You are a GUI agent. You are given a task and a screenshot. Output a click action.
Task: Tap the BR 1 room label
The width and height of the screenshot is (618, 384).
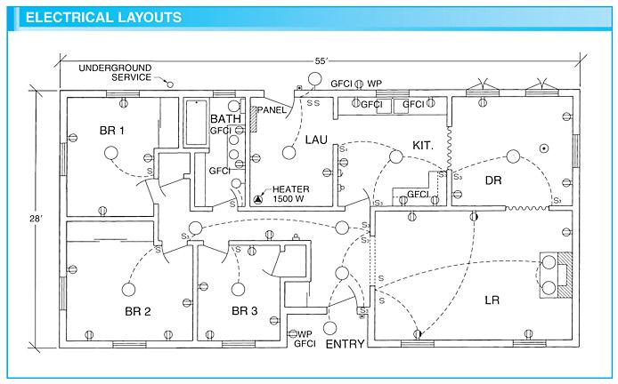[113, 131]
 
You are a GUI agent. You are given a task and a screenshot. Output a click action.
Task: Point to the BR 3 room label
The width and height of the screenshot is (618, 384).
[244, 311]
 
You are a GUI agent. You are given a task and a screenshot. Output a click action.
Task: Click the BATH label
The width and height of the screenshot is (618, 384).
[225, 118]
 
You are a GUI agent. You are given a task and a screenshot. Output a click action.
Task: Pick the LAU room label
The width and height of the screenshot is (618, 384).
[318, 140]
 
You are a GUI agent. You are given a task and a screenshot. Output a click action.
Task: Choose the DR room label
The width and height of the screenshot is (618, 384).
[494, 180]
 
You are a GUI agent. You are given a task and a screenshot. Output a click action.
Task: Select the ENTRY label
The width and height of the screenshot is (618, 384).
[345, 344]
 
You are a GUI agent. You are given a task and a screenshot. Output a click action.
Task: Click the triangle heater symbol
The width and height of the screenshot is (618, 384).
[259, 199]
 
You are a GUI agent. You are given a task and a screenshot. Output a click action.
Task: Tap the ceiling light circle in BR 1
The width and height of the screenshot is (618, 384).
[112, 153]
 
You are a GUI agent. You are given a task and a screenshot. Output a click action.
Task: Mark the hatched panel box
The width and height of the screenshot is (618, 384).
[256, 113]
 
